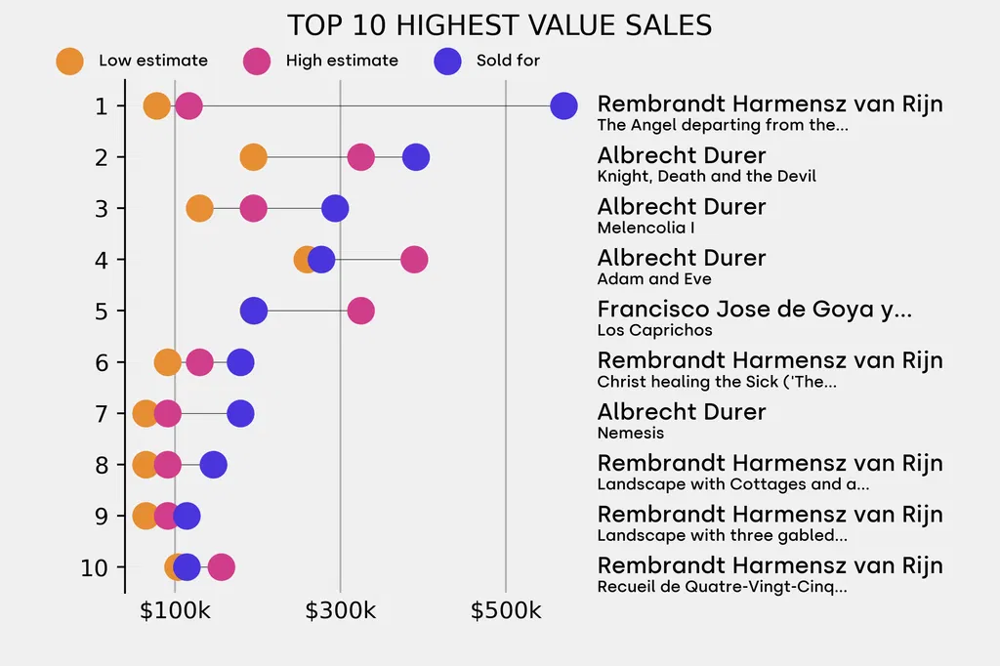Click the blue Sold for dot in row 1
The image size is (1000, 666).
[x=563, y=106]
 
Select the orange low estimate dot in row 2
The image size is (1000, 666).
[x=253, y=157]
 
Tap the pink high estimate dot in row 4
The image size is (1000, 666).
[x=414, y=260]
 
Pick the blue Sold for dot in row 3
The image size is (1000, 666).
[x=335, y=208]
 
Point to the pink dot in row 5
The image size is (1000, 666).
[x=360, y=312]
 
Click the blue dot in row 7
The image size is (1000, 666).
[x=240, y=414]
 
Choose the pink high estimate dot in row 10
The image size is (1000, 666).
[x=222, y=567]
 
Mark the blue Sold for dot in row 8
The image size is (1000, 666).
[x=213, y=465]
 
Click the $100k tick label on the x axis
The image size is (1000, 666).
[x=175, y=611]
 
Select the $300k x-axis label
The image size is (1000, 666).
[x=340, y=611]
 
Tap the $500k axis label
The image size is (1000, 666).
[x=506, y=611]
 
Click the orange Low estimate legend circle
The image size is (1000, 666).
[x=69, y=61]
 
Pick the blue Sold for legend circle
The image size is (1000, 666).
[x=446, y=61]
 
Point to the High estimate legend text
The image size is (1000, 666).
[x=342, y=61]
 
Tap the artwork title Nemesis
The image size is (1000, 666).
[x=630, y=433]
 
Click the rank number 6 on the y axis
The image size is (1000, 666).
[x=102, y=362]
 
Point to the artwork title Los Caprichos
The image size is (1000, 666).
[x=654, y=330]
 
